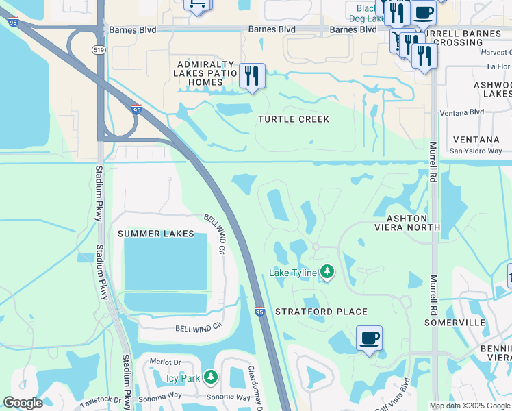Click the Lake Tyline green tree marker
click(328, 273)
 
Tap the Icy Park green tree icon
click(211, 377)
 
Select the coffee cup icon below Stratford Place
click(369, 338)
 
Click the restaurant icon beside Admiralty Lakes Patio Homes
click(252, 76)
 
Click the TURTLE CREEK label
click(294, 119)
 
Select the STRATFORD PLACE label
click(321, 312)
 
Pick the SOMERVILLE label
click(455, 322)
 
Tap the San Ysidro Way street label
click(475, 151)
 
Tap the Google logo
click(23, 403)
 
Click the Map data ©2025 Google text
click(470, 406)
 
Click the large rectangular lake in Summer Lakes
click(165, 262)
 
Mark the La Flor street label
click(498, 66)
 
